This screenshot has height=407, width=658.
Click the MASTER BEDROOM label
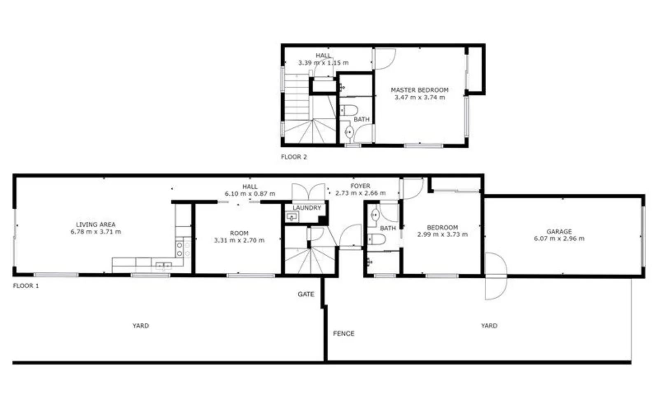[x=419, y=90]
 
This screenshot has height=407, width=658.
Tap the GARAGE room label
[x=559, y=232]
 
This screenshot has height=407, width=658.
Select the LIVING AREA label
[x=96, y=225]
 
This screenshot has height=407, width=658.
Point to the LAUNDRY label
[x=307, y=208]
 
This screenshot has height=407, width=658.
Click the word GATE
[x=306, y=294]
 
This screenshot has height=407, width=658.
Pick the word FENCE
[x=343, y=333]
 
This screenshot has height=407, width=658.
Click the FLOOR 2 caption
[x=294, y=157]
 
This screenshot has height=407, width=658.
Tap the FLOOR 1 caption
[x=26, y=285]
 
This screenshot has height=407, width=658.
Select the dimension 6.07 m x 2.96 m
[x=559, y=239]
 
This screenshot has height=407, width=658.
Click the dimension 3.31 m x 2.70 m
[x=239, y=240]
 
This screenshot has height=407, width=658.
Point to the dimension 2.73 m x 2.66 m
[x=360, y=193]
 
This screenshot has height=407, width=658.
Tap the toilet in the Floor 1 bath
[x=376, y=239]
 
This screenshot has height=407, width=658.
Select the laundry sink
[x=292, y=217]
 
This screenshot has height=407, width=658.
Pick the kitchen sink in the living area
[x=163, y=265]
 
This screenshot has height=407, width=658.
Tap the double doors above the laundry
[x=308, y=192]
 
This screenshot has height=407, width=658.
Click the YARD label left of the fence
[x=140, y=325]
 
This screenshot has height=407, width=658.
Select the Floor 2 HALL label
[x=323, y=56]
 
